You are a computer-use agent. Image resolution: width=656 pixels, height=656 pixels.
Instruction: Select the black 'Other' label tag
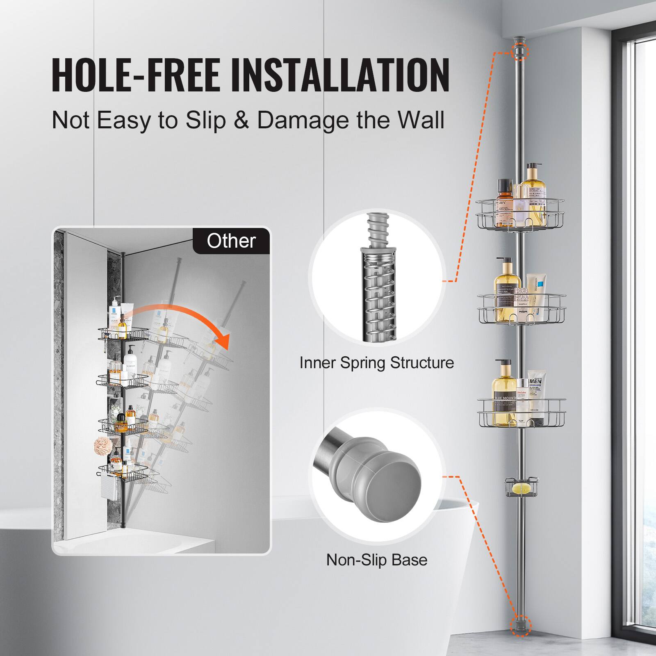pyautogui.click(x=231, y=241)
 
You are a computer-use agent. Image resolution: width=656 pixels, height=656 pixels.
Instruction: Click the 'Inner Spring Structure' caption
pyautogui.click(x=376, y=363)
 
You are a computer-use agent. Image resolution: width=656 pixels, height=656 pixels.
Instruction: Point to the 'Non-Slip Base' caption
pyautogui.click(x=376, y=560)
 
